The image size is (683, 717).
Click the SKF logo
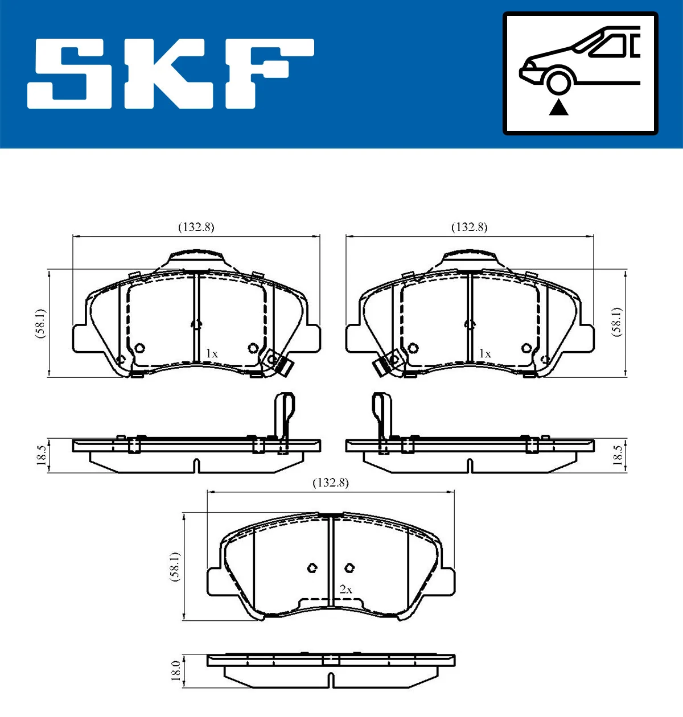[x=171, y=73]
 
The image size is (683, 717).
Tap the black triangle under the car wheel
[x=558, y=107]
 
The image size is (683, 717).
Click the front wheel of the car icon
[x=558, y=81]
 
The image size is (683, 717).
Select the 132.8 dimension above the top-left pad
[x=196, y=227]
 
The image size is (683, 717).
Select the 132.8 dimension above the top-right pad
[x=470, y=227]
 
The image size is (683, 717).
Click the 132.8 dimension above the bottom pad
[x=331, y=483]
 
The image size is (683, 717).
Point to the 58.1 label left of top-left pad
[x=40, y=323]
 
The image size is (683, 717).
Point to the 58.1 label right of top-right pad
[x=617, y=322]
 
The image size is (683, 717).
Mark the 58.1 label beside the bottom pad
[x=175, y=566]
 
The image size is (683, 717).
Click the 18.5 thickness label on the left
[x=42, y=455]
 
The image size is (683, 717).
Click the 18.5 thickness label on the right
[x=618, y=455]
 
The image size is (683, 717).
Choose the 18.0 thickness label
[x=176, y=670]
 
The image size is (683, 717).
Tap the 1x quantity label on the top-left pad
[x=212, y=354]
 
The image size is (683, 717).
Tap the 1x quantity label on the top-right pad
[x=485, y=354]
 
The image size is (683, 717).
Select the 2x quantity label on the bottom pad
[x=345, y=590]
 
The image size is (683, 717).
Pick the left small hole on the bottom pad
[x=312, y=567]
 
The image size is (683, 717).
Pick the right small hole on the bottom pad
[x=349, y=567]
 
